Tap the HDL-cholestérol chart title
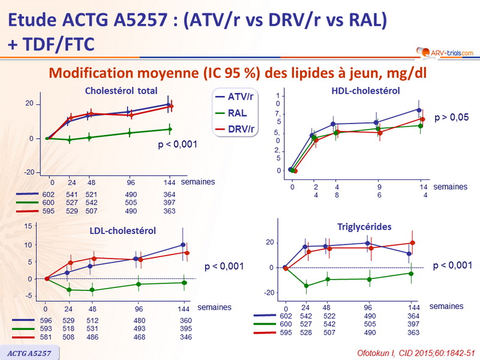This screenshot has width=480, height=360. click(x=365, y=91)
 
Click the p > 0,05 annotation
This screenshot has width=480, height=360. click(x=452, y=118)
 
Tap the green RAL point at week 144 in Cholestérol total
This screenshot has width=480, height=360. click(x=170, y=129)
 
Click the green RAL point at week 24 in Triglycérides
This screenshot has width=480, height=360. click(x=306, y=286)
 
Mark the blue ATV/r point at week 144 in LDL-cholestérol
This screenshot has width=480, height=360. click(x=182, y=245)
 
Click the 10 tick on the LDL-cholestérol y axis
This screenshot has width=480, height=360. click(x=27, y=245)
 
